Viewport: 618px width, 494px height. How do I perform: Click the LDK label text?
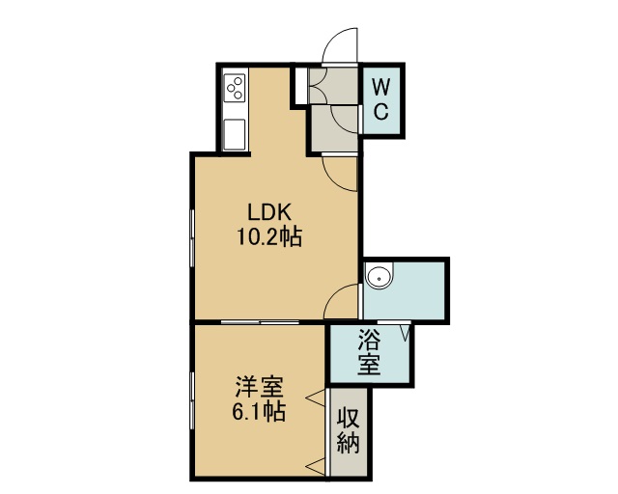[269, 212]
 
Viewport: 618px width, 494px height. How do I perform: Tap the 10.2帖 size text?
[269, 237]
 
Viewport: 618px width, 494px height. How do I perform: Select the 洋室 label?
[259, 387]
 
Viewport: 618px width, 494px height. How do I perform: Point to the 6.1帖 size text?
[258, 412]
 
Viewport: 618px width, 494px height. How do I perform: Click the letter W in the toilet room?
[381, 87]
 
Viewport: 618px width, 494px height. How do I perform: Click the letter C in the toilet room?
[381, 111]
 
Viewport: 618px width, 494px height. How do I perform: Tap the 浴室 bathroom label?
[369, 352]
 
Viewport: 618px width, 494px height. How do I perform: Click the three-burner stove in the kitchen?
[235, 88]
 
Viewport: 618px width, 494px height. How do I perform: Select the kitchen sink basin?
[235, 134]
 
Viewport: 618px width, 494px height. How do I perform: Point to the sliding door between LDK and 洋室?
[260, 322]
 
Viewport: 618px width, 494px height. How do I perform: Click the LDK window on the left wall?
[192, 238]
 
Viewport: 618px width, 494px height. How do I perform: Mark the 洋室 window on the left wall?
[192, 401]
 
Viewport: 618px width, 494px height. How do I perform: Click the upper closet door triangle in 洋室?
[317, 398]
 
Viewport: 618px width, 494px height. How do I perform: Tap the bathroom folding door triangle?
[406, 332]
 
